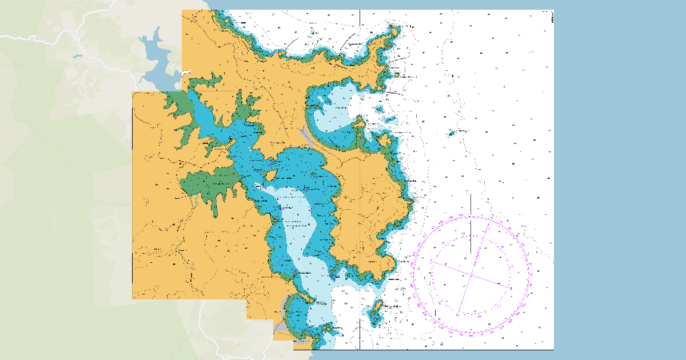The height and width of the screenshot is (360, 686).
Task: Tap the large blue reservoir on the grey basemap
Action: coord(154,57)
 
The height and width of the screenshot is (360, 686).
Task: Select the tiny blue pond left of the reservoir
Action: coord(77,56)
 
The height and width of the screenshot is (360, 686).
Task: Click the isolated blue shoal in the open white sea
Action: coord(452,133)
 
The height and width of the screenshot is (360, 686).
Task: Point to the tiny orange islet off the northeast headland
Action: coord(396,74)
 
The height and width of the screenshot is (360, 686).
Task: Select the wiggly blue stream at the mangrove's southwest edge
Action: coord(196,200)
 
